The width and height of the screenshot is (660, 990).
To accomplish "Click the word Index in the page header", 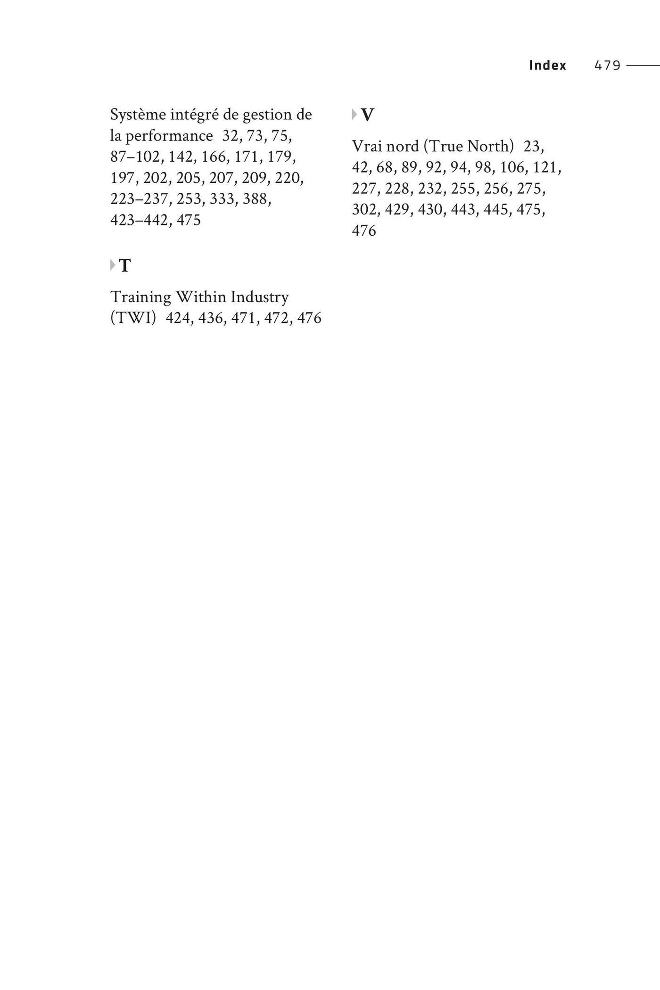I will (547, 65).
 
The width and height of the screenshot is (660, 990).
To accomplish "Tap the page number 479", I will (607, 65).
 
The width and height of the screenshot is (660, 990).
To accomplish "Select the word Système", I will (138, 115).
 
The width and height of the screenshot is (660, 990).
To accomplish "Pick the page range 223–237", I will (139, 199).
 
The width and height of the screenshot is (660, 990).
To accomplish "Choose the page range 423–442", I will (139, 220).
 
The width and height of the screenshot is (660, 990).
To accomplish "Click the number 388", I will (256, 199).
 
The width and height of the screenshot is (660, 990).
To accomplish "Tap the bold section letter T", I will (125, 266).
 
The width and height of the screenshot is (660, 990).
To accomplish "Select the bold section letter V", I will (367, 115).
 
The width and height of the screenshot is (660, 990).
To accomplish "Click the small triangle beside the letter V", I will (355, 114).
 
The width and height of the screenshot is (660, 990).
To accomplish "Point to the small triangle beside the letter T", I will (113, 265).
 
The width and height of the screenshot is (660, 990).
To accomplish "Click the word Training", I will (140, 297).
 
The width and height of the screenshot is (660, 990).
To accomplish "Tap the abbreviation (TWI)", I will (133, 318).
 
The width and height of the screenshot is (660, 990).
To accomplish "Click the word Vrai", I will (367, 147).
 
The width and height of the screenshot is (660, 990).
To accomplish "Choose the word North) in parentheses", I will (490, 147).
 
